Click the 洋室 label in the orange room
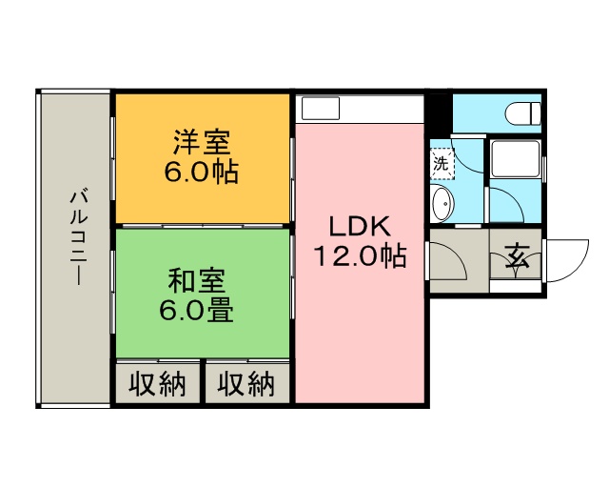click(x=201, y=144)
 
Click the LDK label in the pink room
click(x=360, y=227)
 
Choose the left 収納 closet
click(x=158, y=384)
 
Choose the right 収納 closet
click(x=246, y=384)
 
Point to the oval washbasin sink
click(x=442, y=202)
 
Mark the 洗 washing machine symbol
click(x=442, y=163)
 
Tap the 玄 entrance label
click(x=517, y=255)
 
